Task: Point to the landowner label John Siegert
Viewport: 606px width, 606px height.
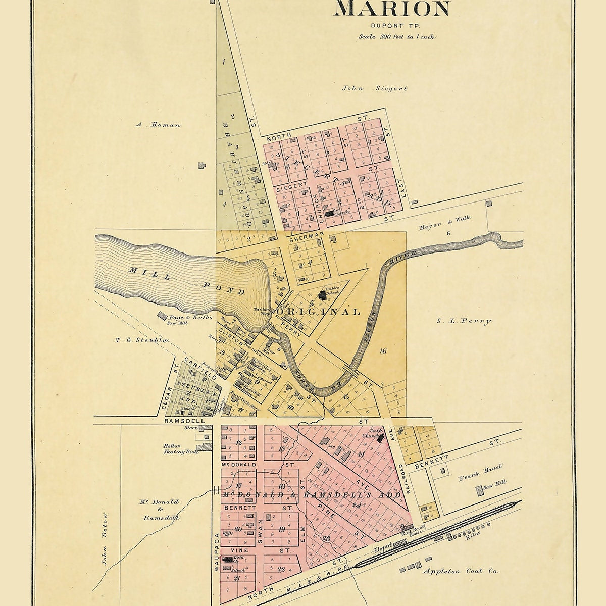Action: (x=374, y=88)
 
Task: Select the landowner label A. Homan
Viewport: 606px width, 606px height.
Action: (x=158, y=124)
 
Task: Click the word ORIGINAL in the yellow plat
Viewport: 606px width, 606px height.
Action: (x=318, y=312)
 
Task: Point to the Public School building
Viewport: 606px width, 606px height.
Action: (x=323, y=294)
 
